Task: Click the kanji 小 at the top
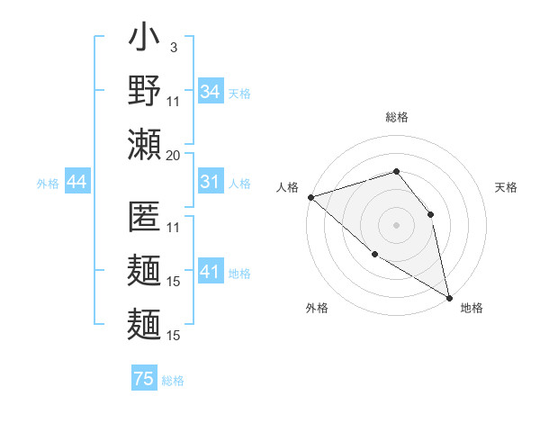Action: [144, 40]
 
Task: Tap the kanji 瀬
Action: [144, 144]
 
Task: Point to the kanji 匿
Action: [144, 216]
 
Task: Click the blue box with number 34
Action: [210, 91]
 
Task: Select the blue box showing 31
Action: [210, 182]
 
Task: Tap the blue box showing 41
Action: [210, 272]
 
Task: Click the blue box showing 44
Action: [76, 183]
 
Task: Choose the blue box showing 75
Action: [144, 379]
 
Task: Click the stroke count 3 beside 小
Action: [173, 46]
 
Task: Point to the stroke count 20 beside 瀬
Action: [173, 155]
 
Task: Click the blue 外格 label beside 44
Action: [48, 184]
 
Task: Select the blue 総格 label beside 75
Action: [173, 381]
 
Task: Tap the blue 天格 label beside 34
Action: [239, 93]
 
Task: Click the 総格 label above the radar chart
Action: [396, 117]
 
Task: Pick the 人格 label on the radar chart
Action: [287, 186]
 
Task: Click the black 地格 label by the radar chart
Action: [472, 308]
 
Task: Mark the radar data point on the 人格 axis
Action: [310, 196]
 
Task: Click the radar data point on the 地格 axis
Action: [449, 297]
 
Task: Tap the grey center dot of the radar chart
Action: [396, 224]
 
